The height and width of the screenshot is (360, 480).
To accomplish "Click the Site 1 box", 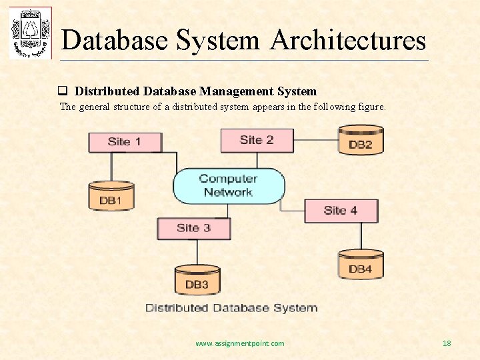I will point(125,141).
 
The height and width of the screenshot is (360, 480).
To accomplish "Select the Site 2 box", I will point(257,140).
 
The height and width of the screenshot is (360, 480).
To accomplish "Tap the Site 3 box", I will point(193,228).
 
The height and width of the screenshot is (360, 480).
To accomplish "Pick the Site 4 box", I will point(341,211).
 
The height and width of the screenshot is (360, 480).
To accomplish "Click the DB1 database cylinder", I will point(111,195).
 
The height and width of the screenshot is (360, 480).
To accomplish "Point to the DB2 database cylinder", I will point(361,139).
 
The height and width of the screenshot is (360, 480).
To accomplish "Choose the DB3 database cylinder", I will point(197,279).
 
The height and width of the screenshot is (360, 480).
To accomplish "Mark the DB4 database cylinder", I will point(361,264).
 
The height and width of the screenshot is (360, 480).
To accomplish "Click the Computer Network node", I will point(229,185).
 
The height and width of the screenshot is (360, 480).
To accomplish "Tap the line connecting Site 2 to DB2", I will point(315,140).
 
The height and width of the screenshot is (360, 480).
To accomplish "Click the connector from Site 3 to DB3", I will point(197,252).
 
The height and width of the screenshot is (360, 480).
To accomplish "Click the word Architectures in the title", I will point(348,40).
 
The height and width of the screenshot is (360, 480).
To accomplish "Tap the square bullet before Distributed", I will point(63,91).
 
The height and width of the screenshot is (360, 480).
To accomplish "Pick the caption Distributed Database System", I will point(231,308).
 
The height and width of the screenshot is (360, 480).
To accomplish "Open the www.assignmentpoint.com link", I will point(239,343).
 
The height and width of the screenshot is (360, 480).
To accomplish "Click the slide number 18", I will point(447,343).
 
